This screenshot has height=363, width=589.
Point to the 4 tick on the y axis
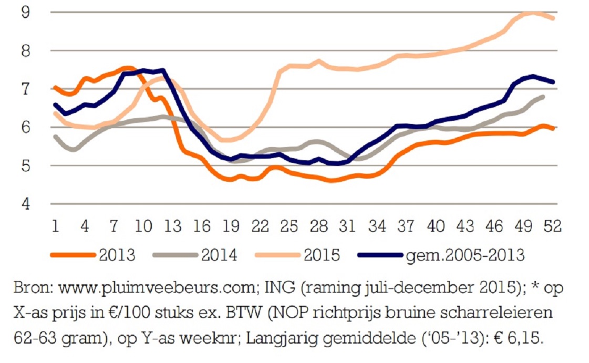[25, 203]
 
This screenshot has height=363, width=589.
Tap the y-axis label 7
[25, 89]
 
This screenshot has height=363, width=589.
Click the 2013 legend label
[116, 256]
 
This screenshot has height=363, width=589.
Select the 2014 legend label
[219, 256]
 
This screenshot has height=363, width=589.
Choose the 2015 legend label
[322, 256]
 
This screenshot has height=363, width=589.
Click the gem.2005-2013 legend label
[464, 256]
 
